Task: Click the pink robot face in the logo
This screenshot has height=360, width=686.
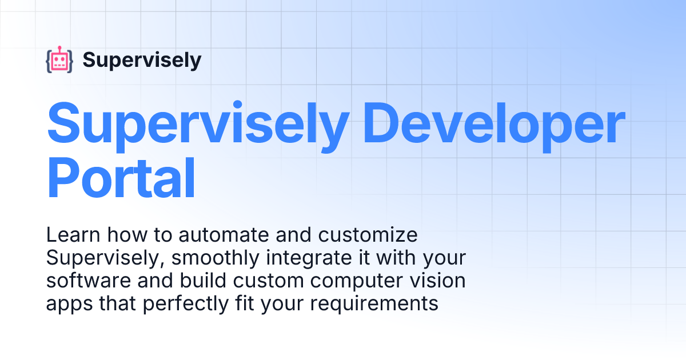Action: [59, 61]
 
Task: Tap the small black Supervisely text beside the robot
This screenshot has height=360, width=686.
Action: [142, 60]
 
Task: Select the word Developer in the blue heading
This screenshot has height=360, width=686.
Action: [494, 123]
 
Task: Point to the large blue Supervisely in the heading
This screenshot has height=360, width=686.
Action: [197, 123]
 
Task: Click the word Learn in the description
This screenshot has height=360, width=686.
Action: [69, 235]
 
